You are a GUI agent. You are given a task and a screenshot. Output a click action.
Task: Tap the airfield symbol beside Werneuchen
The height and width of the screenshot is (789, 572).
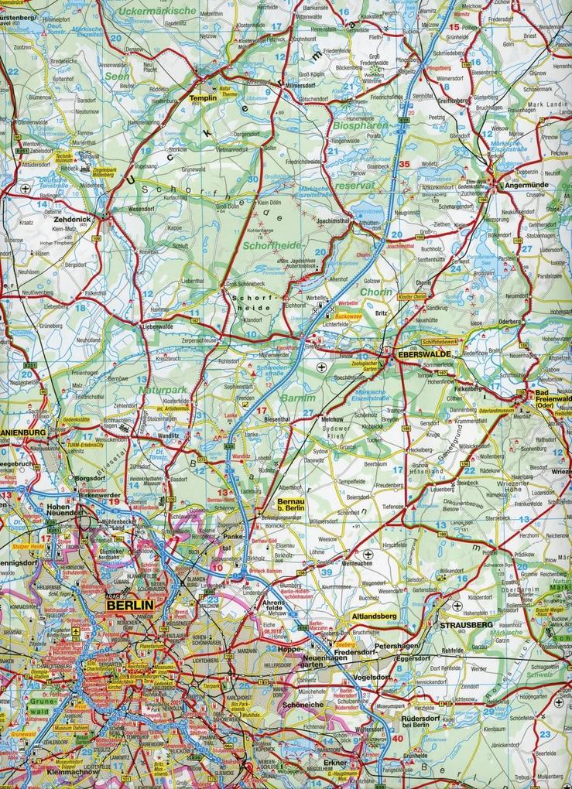(367, 555)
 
